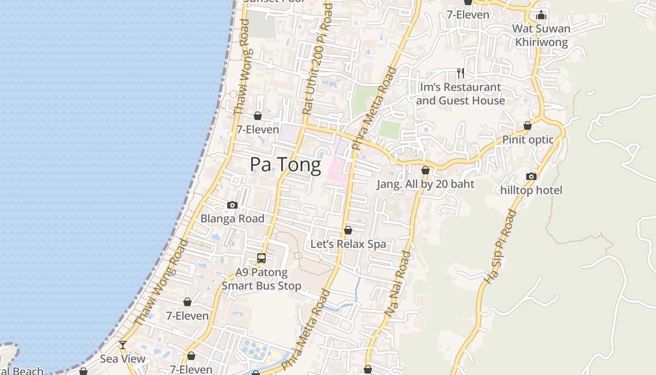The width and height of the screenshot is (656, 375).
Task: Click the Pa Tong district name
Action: point(285,165)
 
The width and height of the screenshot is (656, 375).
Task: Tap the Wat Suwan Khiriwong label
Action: point(541,35)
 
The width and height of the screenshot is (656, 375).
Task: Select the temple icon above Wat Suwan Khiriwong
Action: point(541,15)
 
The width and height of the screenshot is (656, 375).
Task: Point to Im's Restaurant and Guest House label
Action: point(460,94)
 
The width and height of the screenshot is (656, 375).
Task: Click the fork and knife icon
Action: point(461,73)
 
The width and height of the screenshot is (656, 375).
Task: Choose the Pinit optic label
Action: point(528,140)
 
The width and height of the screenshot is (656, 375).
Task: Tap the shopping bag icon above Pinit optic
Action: point(528,126)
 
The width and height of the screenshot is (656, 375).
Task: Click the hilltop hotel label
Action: point(531,190)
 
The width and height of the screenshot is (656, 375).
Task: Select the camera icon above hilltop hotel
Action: point(531,176)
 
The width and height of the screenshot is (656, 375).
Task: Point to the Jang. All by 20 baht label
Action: point(425,184)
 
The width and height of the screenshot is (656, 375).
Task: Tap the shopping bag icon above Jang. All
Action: point(425,170)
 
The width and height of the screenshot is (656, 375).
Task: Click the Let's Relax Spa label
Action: point(348,244)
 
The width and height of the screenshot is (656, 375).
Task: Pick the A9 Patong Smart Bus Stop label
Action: point(261,279)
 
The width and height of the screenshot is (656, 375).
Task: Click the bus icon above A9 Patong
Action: point(261,258)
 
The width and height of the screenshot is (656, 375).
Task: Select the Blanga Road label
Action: point(232,218)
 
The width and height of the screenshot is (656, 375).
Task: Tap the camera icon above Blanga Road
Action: point(232,205)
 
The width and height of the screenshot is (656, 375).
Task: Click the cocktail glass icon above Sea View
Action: point(122,345)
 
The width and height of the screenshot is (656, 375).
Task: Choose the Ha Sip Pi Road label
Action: point(500,247)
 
